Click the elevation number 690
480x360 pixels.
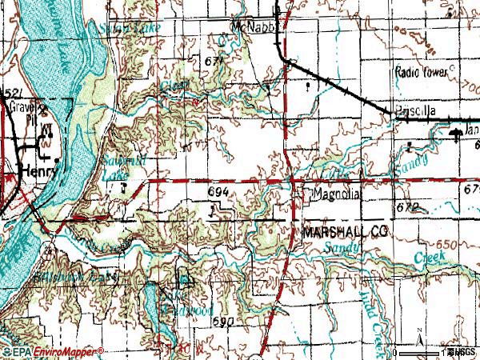point(224,321)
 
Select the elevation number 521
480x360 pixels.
point(10,94)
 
